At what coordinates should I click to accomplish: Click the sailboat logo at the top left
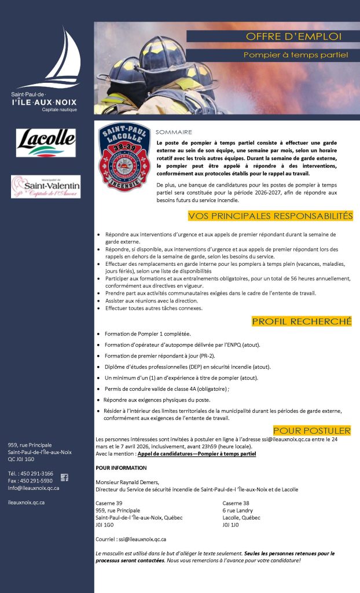[58, 58]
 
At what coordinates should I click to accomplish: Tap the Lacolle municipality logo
[46, 143]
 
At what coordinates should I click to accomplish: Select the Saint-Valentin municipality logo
[46, 186]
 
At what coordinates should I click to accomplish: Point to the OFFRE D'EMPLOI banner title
[293, 36]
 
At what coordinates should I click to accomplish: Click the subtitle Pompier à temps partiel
[295, 55]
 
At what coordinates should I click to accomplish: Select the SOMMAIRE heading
[174, 132]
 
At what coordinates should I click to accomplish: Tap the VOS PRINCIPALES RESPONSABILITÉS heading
[270, 216]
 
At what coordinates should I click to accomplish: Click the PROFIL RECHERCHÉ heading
[302, 321]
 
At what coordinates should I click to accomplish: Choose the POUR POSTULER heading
[312, 430]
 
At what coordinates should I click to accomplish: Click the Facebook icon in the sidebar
[64, 477]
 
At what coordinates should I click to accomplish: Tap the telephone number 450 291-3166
[35, 473]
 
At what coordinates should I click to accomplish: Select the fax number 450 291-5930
[35, 481]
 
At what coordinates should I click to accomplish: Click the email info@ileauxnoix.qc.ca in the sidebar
[33, 488]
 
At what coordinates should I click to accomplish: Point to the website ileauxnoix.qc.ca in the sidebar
[26, 502]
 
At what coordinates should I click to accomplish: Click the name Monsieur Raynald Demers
[127, 482]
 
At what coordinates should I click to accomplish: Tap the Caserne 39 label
[109, 503]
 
